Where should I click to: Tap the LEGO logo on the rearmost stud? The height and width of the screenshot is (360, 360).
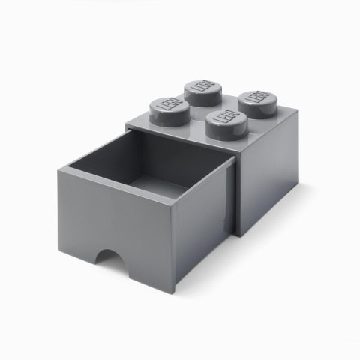click(x=202, y=88)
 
